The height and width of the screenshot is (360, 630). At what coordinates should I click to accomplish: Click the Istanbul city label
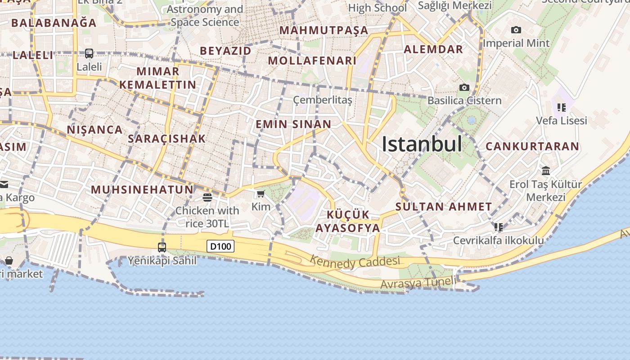coord(422,144)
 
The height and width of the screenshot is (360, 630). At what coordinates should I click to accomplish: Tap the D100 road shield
coord(220,246)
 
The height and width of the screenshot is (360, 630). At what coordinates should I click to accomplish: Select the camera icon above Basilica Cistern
coord(464,87)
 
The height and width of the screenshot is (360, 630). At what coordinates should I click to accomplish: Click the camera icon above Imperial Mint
coord(516,30)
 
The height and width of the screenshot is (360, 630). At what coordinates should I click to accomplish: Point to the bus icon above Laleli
coord(89,54)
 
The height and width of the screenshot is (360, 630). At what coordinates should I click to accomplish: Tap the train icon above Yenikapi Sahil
coord(162,247)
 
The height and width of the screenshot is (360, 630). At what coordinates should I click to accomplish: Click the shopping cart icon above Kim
coord(261,194)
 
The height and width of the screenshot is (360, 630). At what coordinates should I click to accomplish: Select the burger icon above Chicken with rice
coord(207,197)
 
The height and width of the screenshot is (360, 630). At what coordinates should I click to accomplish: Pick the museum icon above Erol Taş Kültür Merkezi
coord(546,171)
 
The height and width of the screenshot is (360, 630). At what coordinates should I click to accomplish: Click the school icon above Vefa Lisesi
coord(561,107)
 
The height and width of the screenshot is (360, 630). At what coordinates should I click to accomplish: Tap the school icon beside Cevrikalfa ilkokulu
coord(498,227)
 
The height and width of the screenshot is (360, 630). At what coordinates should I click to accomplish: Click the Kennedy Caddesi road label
coord(355,261)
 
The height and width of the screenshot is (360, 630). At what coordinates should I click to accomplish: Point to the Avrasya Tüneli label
coord(418,283)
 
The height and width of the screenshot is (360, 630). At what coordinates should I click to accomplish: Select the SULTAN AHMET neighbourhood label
coord(444,207)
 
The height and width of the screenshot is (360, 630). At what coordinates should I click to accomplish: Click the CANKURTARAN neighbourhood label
coord(532,146)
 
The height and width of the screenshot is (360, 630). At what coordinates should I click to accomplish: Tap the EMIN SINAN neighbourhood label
coord(293,124)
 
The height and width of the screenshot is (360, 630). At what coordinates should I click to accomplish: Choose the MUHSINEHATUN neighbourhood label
coord(142,189)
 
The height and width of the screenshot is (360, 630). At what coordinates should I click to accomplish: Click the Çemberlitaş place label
coord(323,100)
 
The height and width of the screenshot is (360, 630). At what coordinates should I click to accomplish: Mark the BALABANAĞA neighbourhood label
coord(54,22)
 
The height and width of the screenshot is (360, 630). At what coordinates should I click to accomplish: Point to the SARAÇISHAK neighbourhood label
coord(166,139)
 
